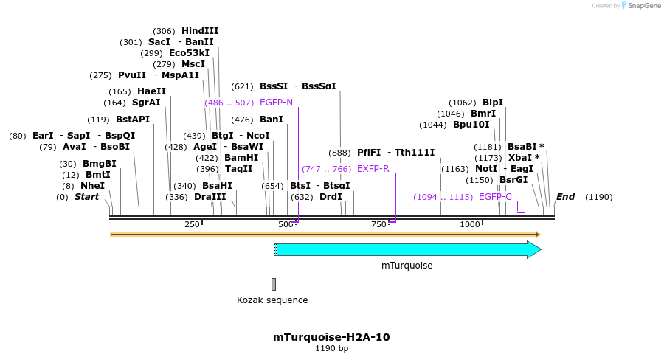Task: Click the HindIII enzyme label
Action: point(200,31)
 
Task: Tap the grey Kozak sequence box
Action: point(274,284)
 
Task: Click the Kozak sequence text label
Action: point(272,300)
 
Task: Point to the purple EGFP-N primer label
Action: point(276,103)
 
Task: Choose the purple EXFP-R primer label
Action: point(373,169)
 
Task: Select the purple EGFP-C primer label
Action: point(495,197)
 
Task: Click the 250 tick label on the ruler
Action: point(192,224)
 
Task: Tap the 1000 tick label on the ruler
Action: point(470,224)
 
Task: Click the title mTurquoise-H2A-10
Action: point(331,337)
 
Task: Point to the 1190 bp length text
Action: point(331,348)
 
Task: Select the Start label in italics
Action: point(86,197)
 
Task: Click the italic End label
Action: point(565,197)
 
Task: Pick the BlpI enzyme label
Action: point(493,103)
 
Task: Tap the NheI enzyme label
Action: point(92,186)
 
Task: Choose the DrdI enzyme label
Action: point(331,197)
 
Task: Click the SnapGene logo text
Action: point(640,6)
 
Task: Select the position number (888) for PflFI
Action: point(339,153)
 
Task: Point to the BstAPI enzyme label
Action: point(133,120)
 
